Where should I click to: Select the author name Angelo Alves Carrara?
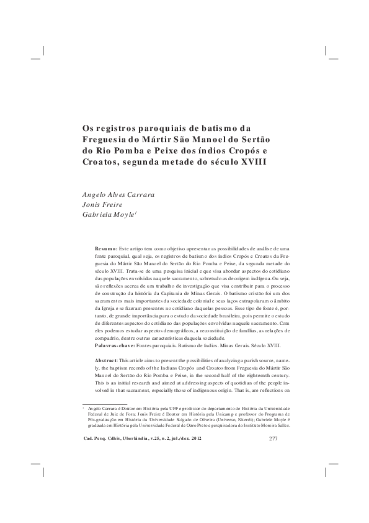coord(118,194)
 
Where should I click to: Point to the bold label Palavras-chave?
coord(117,344)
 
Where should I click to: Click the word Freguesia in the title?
coord(107,139)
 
